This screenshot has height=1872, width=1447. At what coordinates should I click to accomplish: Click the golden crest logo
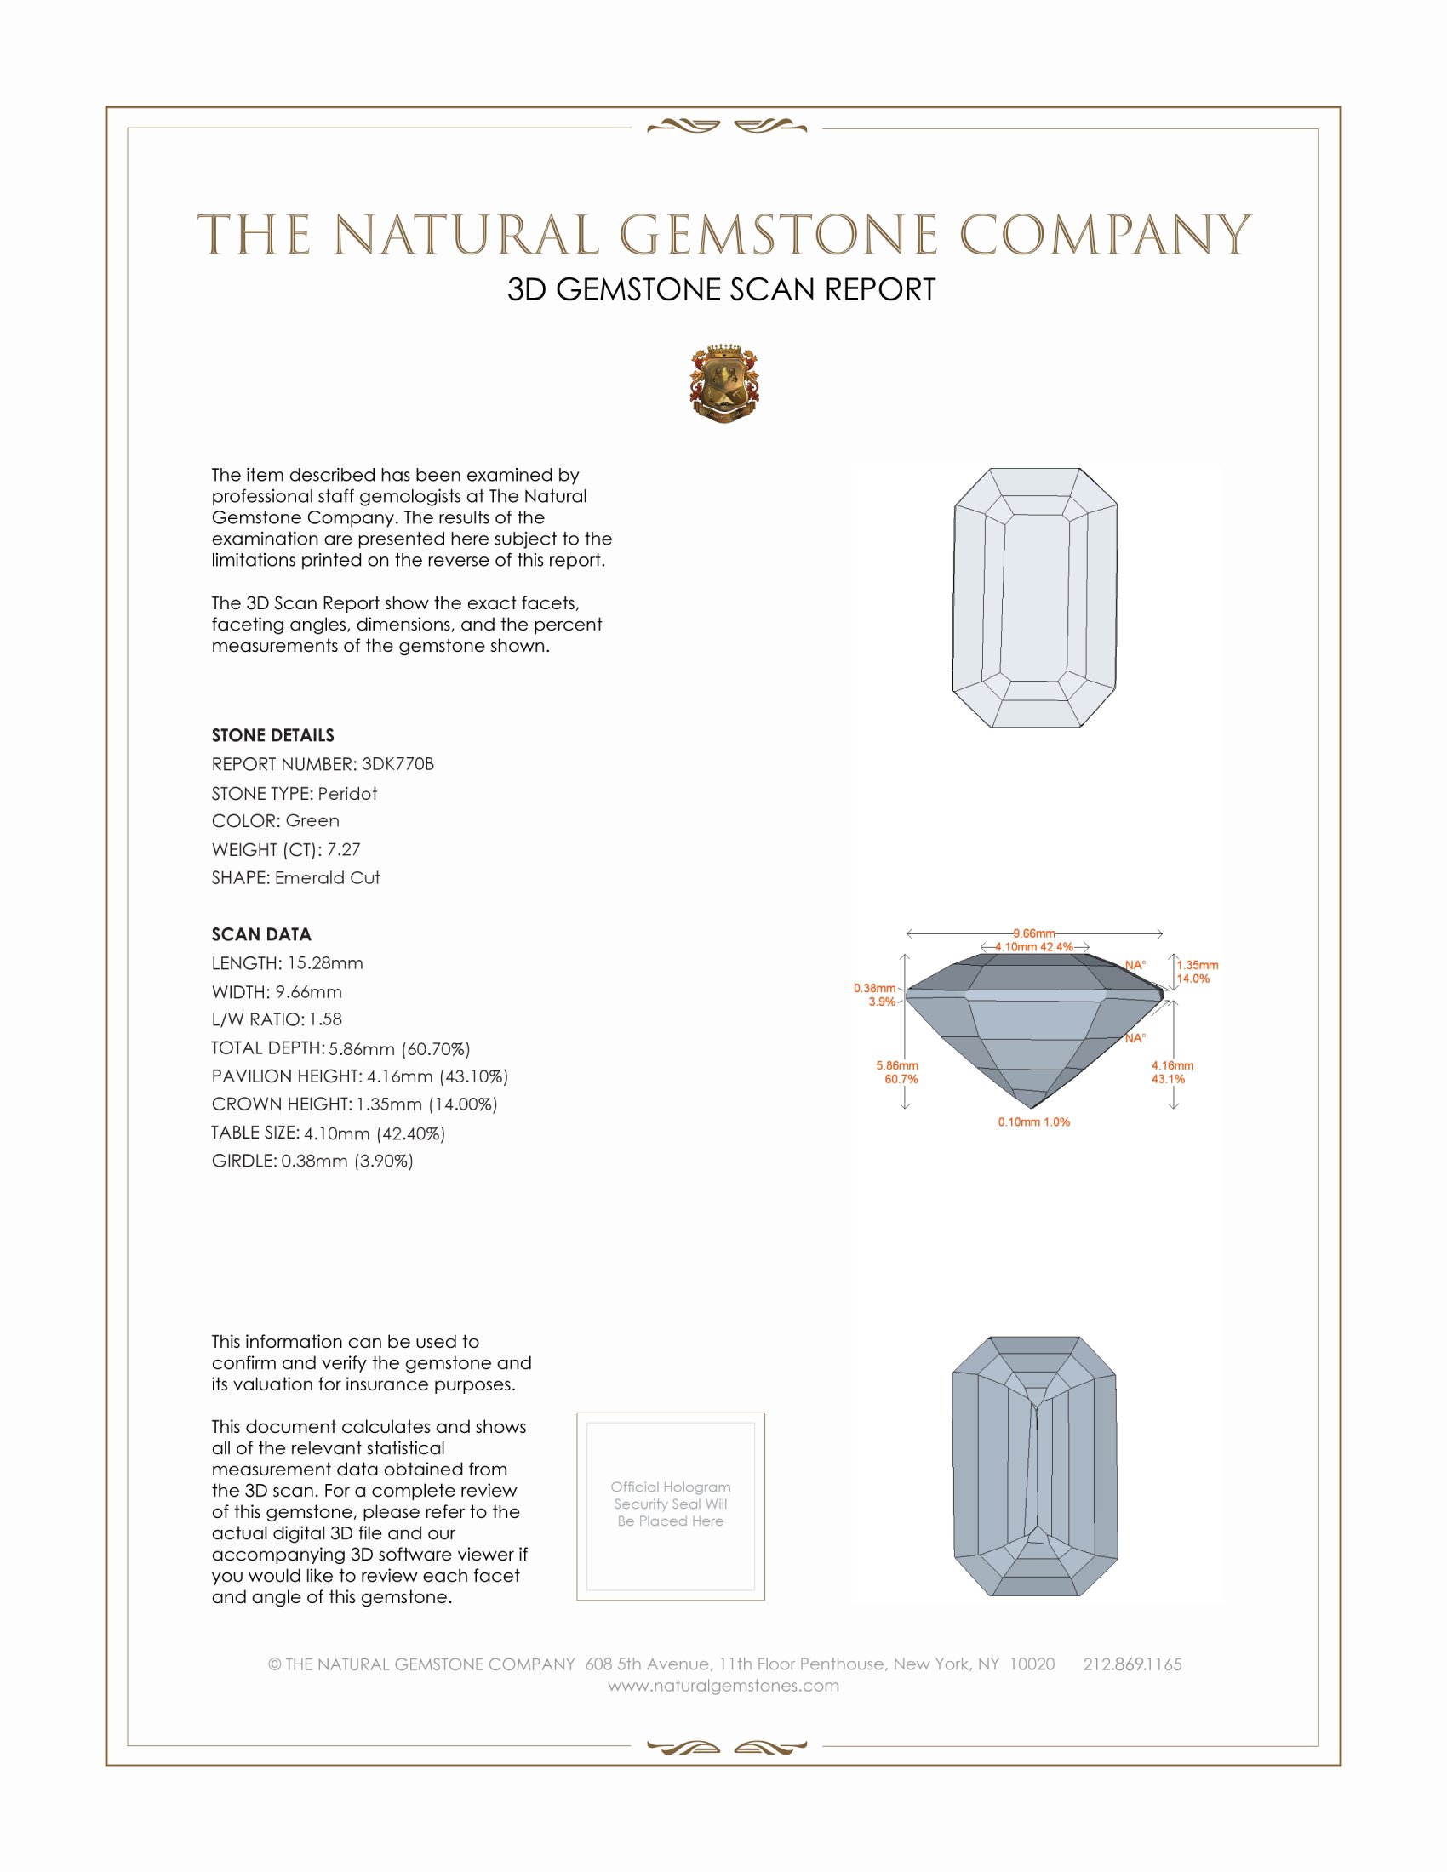pyautogui.click(x=724, y=383)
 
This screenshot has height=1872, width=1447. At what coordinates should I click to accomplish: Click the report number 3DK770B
pyautogui.click(x=397, y=764)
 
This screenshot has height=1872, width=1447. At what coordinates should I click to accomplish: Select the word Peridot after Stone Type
pyautogui.click(x=347, y=794)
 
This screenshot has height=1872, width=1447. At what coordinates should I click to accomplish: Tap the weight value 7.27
pyautogui.click(x=343, y=849)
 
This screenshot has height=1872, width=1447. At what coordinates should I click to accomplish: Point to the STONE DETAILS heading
pyautogui.click(x=272, y=735)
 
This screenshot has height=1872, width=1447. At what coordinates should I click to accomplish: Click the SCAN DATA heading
pyautogui.click(x=261, y=934)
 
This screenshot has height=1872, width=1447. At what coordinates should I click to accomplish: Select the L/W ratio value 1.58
pyautogui.click(x=325, y=1019)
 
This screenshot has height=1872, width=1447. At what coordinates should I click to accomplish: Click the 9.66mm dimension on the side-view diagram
pyautogui.click(x=1034, y=933)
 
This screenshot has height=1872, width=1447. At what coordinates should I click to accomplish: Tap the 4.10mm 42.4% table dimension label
pyautogui.click(x=1034, y=947)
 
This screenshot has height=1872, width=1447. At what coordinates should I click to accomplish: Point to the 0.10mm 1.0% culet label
pyautogui.click(x=1034, y=1122)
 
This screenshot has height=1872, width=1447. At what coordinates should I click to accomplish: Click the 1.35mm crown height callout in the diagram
pyautogui.click(x=1197, y=965)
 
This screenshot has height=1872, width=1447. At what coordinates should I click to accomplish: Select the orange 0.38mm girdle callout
pyautogui.click(x=873, y=988)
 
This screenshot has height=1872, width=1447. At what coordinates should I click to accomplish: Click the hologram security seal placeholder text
pyautogui.click(x=671, y=1504)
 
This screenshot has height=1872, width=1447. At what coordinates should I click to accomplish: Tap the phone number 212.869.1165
pyautogui.click(x=1132, y=1664)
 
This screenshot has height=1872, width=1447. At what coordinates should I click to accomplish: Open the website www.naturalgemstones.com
pyautogui.click(x=723, y=1685)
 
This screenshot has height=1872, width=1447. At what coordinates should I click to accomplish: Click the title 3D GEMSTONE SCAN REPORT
pyautogui.click(x=721, y=289)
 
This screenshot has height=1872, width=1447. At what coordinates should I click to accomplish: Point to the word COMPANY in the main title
pyautogui.click(x=1105, y=235)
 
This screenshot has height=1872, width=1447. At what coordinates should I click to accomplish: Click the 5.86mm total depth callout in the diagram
pyautogui.click(x=896, y=1065)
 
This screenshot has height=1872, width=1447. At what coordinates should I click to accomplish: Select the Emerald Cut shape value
pyautogui.click(x=328, y=878)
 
